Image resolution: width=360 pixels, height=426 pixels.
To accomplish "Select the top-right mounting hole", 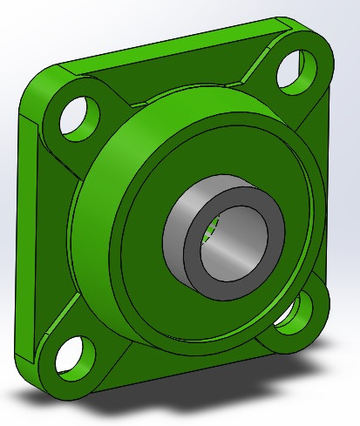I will [295, 67].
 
